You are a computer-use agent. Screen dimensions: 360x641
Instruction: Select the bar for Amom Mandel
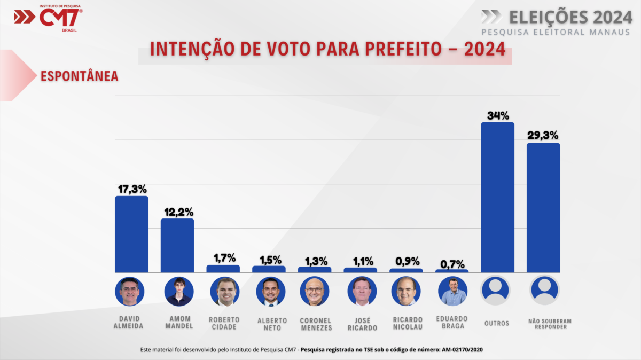[177, 245]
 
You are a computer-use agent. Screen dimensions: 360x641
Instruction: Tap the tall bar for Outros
[497, 197]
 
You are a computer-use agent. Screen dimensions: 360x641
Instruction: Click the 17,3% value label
[131, 189]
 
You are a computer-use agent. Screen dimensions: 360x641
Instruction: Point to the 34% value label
[497, 115]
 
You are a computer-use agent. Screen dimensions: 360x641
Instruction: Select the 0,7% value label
[452, 264]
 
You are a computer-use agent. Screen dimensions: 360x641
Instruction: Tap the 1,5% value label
[269, 260]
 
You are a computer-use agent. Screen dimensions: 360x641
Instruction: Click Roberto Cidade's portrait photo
[223, 292]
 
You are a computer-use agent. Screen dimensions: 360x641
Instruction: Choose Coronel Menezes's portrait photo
[315, 292]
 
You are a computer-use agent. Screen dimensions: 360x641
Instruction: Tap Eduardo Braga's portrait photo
[452, 292]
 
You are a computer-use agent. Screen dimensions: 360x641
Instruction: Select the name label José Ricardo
[361, 324]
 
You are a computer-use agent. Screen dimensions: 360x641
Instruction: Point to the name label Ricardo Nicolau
[407, 324]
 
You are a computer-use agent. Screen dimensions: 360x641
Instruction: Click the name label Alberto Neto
[272, 324]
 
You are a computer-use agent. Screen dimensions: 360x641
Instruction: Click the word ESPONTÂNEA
[80, 76]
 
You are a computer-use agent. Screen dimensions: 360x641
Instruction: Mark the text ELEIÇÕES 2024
[570, 17]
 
